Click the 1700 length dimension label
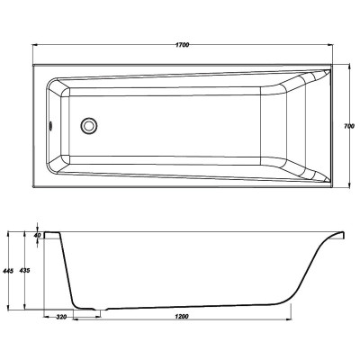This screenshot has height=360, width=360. (183, 45)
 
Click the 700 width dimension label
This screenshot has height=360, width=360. (349, 126)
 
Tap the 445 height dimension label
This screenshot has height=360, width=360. (8, 271)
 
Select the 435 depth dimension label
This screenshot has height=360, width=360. (24, 270)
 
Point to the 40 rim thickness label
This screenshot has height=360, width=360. (37, 236)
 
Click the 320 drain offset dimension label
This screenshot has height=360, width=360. (61, 316)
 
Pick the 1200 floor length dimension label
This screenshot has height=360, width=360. (183, 316)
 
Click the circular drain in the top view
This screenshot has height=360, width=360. (88, 125)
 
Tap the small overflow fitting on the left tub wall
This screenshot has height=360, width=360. (49, 125)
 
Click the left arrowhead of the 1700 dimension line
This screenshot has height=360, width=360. (34, 45)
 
